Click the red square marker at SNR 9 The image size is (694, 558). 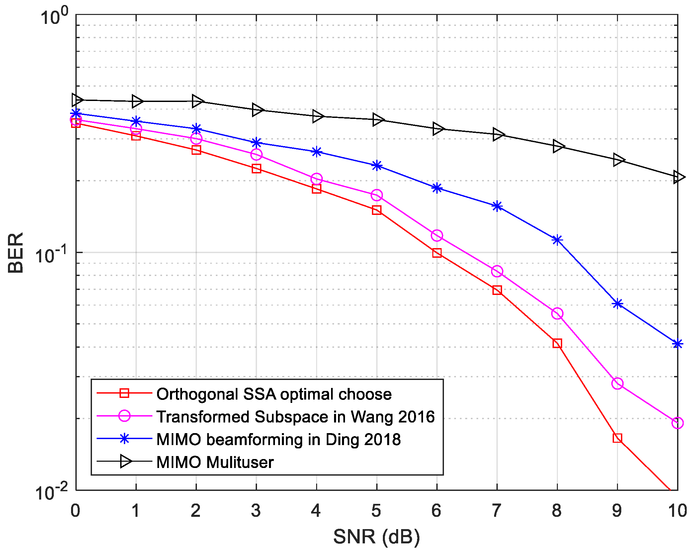pyautogui.click(x=617, y=438)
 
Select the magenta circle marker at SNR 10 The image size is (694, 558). pyautogui.click(x=677, y=423)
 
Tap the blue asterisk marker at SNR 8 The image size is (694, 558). pyautogui.click(x=557, y=240)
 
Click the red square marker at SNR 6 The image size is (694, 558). pyautogui.click(x=437, y=253)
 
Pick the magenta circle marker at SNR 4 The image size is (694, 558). pyautogui.click(x=316, y=179)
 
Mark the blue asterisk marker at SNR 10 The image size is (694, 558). pyautogui.click(x=677, y=344)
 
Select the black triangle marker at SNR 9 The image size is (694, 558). pyautogui.click(x=618, y=160)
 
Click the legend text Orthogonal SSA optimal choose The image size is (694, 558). pyautogui.click(x=274, y=394)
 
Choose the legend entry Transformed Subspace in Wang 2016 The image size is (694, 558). pyautogui.click(x=296, y=417)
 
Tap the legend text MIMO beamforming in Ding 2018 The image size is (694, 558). pyautogui.click(x=278, y=439)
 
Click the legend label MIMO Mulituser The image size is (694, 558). pyautogui.click(x=215, y=462)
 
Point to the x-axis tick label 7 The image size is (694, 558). pyautogui.click(x=497, y=511)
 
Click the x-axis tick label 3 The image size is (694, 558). pyautogui.click(x=256, y=511)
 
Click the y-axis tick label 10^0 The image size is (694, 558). pyautogui.click(x=53, y=17)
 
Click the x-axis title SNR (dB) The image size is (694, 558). pyautogui.click(x=377, y=537)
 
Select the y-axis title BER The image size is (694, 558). pyautogui.click(x=16, y=252)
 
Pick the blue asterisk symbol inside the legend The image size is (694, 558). pyautogui.click(x=124, y=439)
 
